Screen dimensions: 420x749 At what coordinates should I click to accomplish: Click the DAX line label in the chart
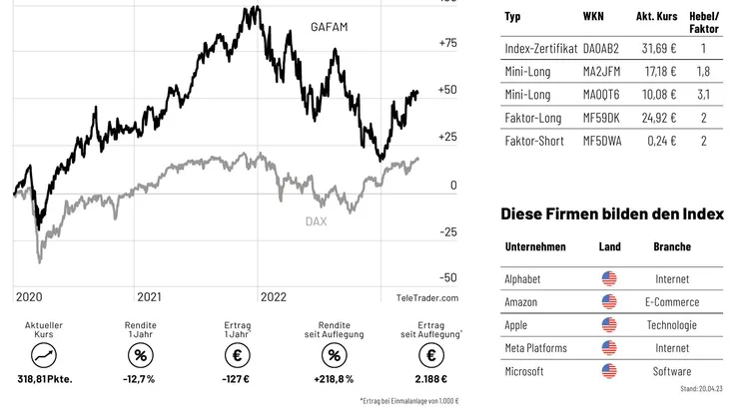point(316,221)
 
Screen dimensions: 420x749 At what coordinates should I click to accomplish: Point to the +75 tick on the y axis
point(447,43)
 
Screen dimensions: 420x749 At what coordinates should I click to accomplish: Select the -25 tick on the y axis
point(447,231)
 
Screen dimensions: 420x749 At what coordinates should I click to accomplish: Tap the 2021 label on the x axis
point(149,296)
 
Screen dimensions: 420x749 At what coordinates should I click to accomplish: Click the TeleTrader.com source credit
point(426,297)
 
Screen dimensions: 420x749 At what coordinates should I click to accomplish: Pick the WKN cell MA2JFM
point(601,71)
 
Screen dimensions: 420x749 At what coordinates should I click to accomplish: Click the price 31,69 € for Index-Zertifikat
point(656,47)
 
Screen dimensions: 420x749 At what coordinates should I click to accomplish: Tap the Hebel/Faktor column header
point(704,22)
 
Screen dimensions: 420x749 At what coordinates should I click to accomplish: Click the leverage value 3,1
point(704,95)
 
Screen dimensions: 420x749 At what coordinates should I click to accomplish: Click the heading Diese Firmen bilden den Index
point(612,214)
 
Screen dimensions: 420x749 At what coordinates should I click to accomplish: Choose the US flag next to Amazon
point(609,302)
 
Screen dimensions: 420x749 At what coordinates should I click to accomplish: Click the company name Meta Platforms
point(535,348)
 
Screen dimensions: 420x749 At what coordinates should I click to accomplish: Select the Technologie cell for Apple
point(671,325)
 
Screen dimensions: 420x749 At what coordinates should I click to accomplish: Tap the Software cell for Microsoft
point(671,371)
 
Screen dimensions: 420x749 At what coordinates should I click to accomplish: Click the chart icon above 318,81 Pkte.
point(44,355)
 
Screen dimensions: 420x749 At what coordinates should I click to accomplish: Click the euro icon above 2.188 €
point(431,355)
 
